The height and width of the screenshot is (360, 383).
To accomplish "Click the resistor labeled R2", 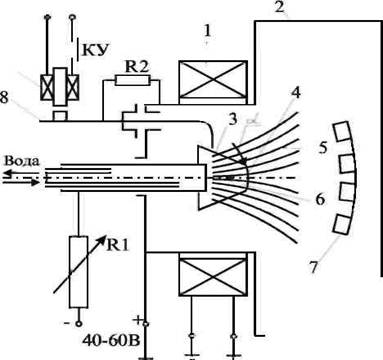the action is coord(131,80).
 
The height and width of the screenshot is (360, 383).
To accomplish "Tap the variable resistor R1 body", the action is coord(79,272).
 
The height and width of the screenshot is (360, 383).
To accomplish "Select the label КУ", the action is coord(96,50).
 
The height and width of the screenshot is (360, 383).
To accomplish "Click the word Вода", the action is coord(21,161).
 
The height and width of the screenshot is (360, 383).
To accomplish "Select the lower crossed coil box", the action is coord(213,274).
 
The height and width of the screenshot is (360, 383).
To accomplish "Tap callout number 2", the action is coord(280,7).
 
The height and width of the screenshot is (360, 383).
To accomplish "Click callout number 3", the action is coord(233,120).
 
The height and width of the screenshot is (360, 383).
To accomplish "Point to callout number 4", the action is coord(295,93).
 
